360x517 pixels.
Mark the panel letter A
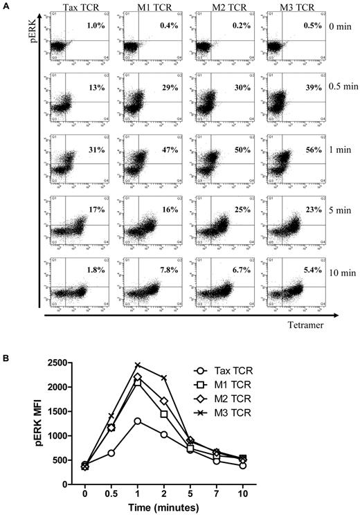pos(6,6)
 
